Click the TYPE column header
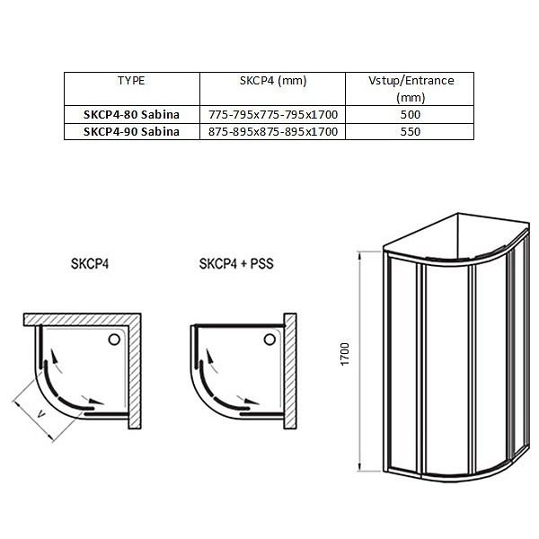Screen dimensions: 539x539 [131, 81]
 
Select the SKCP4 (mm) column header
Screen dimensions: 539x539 [273, 81]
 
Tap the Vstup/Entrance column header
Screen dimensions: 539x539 [411, 89]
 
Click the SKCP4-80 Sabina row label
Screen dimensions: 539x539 [131, 114]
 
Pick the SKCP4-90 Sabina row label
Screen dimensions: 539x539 [131, 132]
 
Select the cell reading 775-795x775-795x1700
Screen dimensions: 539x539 [273, 114]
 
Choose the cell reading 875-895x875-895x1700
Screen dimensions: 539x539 [273, 132]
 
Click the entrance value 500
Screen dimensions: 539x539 [411, 114]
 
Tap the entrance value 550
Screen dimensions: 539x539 [411, 132]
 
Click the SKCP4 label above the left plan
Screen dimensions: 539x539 [90, 263]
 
